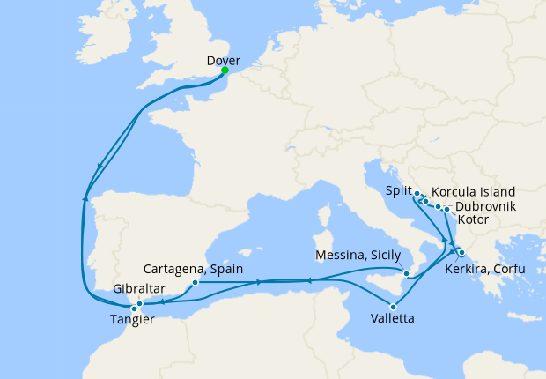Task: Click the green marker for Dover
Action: pyautogui.click(x=225, y=71)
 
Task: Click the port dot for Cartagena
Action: pyautogui.click(x=195, y=283)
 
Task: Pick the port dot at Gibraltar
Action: pyautogui.click(x=140, y=303)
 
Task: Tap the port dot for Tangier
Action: pyautogui.click(x=134, y=308)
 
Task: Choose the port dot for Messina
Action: pyautogui.click(x=406, y=274)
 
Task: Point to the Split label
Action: pyautogui.click(x=400, y=190)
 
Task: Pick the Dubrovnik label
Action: pyautogui.click(x=486, y=207)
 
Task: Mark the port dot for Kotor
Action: pyautogui.click(x=447, y=210)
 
